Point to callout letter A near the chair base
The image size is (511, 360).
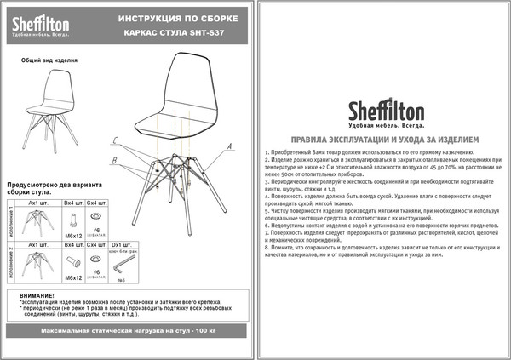coord(229,146)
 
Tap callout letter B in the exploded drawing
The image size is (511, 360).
coord(113,160)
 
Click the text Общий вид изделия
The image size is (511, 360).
coord(49,61)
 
